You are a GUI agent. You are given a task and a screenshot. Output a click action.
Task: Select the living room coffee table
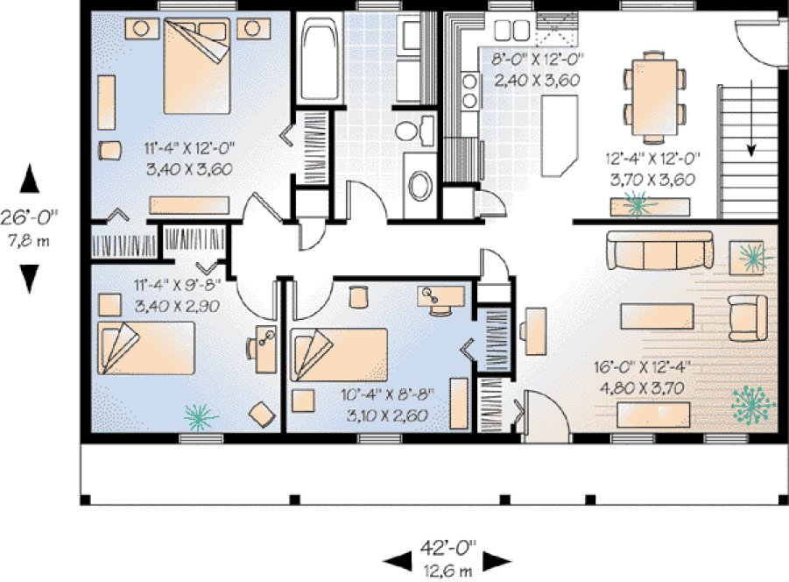(658, 314)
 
